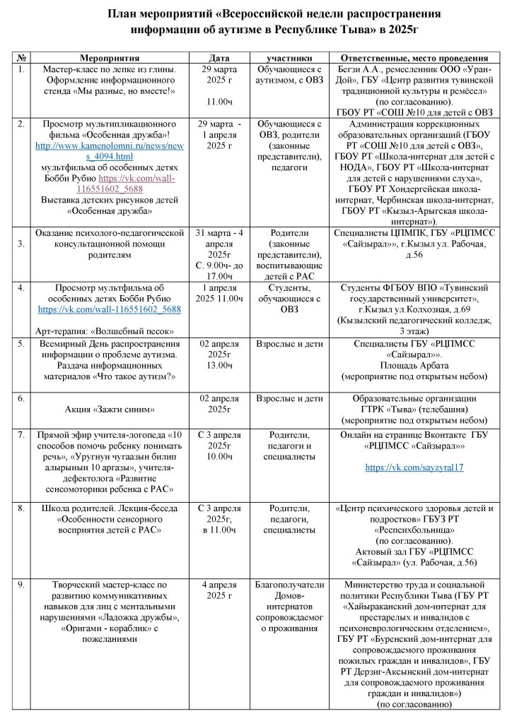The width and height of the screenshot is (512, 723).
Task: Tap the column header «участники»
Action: (x=290, y=57)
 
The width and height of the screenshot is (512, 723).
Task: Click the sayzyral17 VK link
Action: (x=414, y=467)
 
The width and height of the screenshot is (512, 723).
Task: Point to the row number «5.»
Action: (x=22, y=344)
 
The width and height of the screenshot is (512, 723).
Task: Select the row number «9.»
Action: (x=22, y=584)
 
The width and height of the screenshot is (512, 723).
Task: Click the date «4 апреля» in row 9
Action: (x=220, y=585)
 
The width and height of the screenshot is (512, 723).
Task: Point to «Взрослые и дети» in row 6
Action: (x=290, y=398)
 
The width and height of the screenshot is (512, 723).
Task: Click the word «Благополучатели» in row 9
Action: (x=290, y=585)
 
